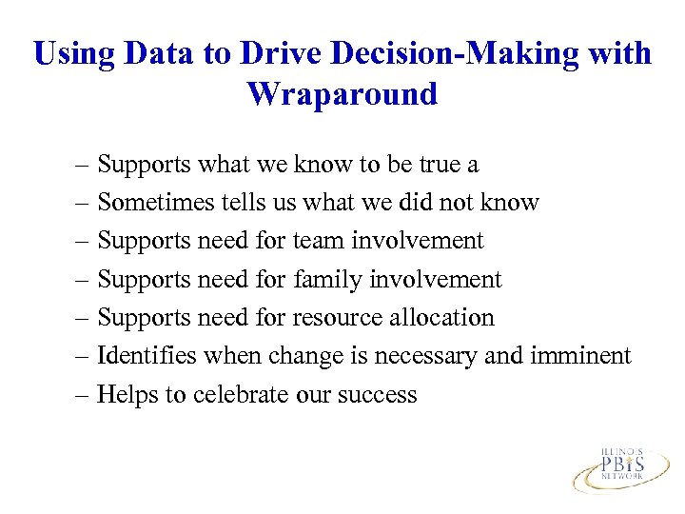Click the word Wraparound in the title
pos(342,94)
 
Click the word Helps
pos(128,393)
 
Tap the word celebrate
pos(238,393)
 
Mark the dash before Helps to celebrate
pos(83,393)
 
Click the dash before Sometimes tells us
pos(83,203)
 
